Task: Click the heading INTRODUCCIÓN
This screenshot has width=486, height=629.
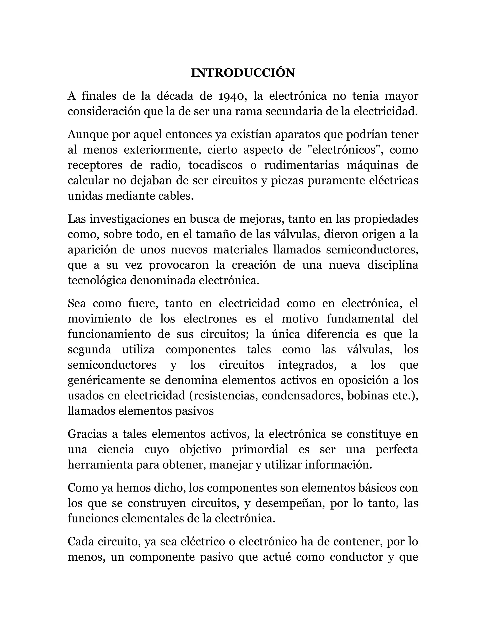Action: (243, 73)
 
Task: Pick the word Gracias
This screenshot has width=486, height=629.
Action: (87, 434)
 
